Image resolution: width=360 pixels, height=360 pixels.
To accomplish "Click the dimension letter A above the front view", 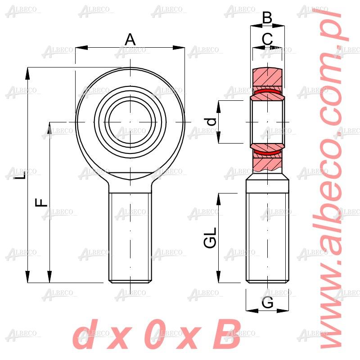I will click(130, 40).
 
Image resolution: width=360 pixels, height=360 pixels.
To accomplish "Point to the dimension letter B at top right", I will click(267, 18).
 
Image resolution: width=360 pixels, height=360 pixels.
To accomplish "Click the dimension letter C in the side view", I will click(267, 39).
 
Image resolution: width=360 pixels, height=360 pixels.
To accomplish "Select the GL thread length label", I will click(210, 237).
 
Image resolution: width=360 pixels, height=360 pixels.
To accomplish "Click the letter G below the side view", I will click(267, 303).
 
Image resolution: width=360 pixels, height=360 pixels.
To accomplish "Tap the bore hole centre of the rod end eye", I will click(130, 121).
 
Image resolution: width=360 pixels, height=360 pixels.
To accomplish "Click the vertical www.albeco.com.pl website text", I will click(335, 180).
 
